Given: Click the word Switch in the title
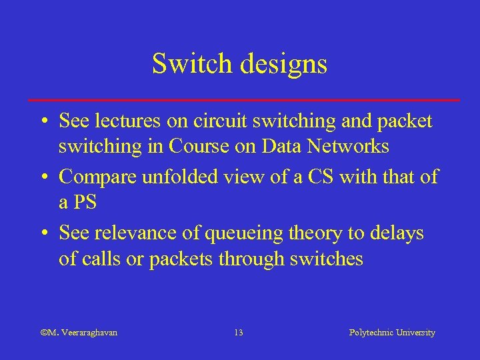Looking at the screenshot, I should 184,64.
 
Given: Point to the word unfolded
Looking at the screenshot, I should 185,177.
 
